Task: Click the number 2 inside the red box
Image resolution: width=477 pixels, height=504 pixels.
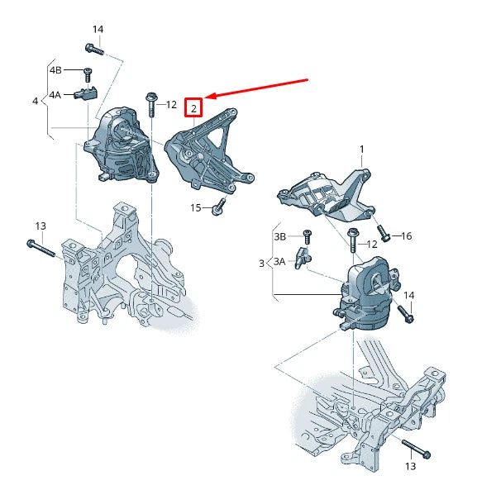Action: tap(193, 107)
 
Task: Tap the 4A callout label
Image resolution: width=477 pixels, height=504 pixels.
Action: tap(55, 95)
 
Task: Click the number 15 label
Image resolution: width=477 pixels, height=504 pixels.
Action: tap(196, 207)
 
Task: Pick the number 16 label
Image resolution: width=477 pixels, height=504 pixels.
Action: tap(406, 236)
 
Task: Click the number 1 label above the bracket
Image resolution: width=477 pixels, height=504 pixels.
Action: tap(361, 149)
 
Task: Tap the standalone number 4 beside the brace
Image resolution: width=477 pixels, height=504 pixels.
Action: tap(35, 101)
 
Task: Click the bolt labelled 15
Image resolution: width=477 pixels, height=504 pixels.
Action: tap(218, 207)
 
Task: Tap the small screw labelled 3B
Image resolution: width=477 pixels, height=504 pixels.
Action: tap(306, 235)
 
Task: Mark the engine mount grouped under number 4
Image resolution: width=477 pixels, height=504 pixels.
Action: tap(120, 149)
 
